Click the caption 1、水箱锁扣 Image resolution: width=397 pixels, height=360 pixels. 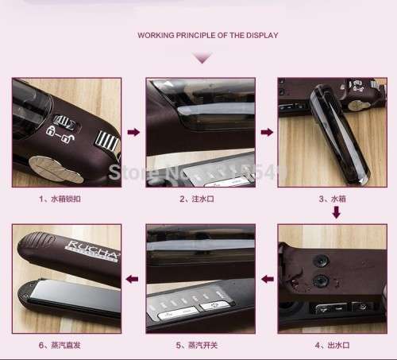(x=59, y=197)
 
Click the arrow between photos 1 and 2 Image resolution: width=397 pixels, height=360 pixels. (x=133, y=132)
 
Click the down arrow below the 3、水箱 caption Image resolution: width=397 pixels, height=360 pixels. (x=336, y=212)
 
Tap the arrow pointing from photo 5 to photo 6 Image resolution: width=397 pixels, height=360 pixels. (x=133, y=278)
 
